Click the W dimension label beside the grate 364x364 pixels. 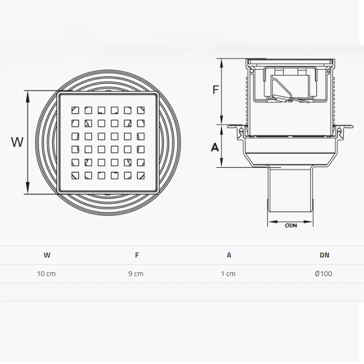(17, 142)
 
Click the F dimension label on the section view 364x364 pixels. (216, 89)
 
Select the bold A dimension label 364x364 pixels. (215, 147)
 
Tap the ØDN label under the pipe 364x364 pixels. (290, 226)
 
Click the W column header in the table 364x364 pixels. (47, 255)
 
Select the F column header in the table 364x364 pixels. (137, 255)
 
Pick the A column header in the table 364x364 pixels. (229, 255)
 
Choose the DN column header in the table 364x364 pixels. (324, 255)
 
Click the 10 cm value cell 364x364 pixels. (47, 274)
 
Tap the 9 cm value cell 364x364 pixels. (136, 274)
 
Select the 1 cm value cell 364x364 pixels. (228, 274)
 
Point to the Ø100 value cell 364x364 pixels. (323, 274)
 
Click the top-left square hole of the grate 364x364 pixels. (75, 110)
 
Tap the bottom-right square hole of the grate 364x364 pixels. (141, 176)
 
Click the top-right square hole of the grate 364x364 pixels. (141, 110)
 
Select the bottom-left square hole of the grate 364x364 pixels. (75, 176)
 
